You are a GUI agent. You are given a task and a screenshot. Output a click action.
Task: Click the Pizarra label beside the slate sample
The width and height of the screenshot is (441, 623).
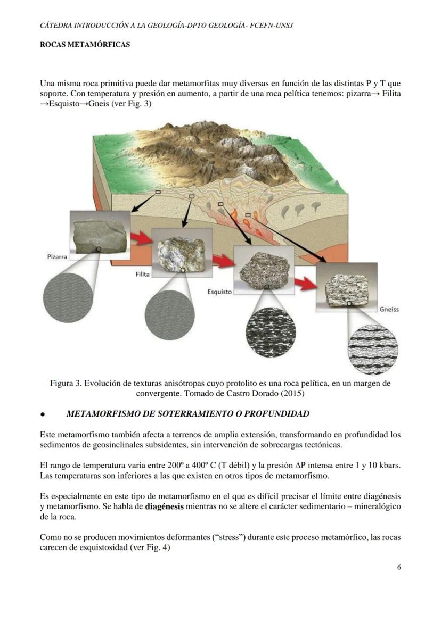click(x=56, y=257)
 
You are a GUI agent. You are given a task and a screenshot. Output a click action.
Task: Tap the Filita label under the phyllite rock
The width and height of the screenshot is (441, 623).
click(x=142, y=274)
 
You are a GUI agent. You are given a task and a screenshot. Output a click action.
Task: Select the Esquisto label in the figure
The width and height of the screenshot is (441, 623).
click(x=219, y=292)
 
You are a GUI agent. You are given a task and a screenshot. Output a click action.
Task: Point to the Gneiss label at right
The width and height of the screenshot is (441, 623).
click(x=389, y=309)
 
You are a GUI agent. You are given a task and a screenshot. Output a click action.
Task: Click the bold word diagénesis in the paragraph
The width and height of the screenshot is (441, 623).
click(x=164, y=506)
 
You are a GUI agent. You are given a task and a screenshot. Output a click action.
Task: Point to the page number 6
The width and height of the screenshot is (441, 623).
click(x=399, y=567)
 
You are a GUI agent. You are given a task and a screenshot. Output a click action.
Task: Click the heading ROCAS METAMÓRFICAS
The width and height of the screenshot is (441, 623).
click(x=85, y=45)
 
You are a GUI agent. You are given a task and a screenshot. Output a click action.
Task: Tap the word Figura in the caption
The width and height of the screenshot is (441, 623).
click(x=63, y=383)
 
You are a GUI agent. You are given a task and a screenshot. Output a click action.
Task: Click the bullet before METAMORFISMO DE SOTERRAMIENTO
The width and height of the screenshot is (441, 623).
click(x=42, y=414)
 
